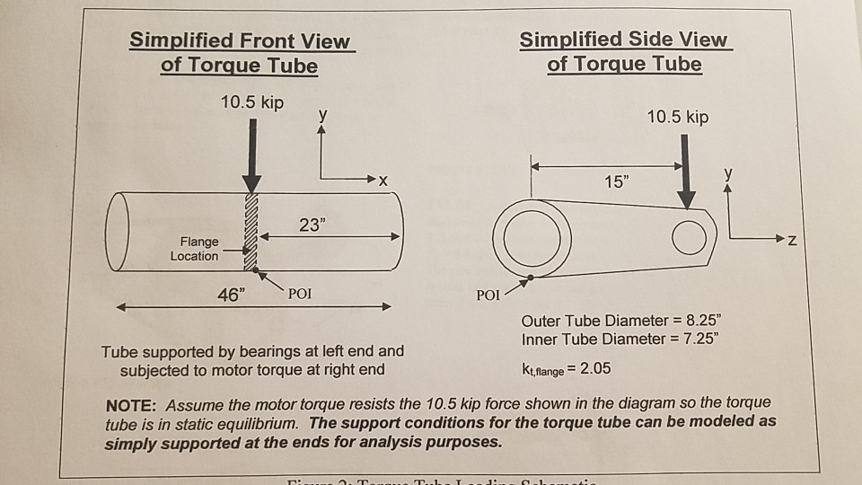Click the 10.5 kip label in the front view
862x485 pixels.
coord(252,102)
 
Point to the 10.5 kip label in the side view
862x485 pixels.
coord(678,118)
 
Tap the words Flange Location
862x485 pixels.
coord(194,249)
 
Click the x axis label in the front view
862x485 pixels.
coord(383,181)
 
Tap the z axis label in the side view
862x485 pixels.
coord(791,241)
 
